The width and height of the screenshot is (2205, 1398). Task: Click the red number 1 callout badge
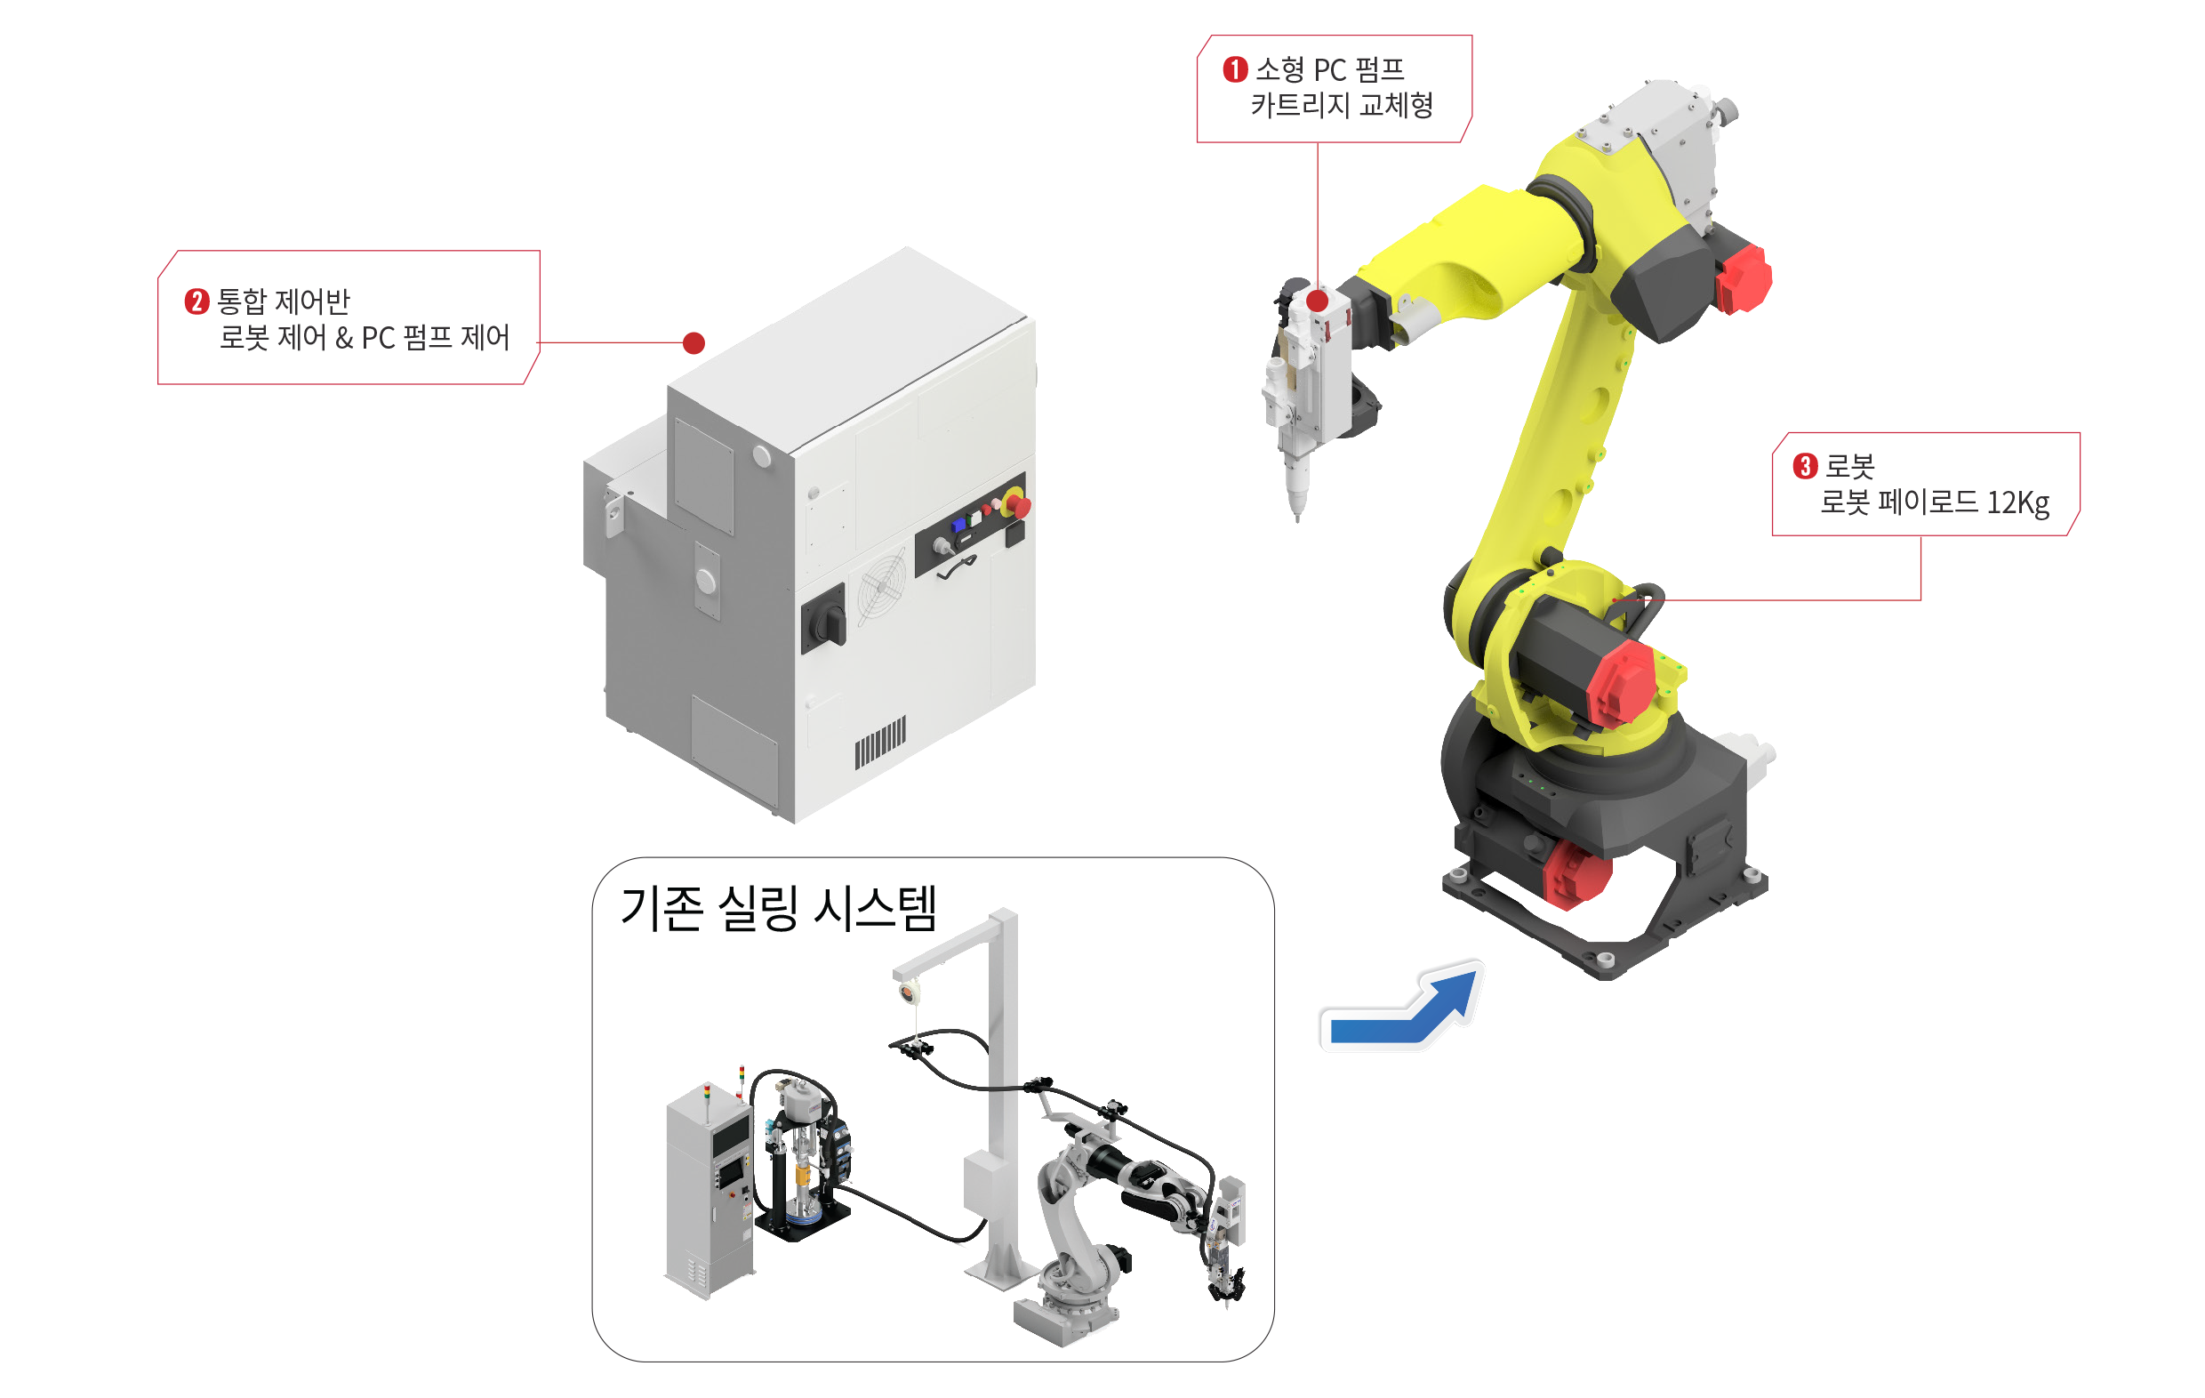[x=1235, y=68]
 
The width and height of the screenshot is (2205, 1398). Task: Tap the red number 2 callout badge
[x=196, y=301]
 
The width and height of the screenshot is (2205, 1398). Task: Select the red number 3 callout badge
[x=1805, y=466]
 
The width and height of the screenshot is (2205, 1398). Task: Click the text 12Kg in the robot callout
[x=2018, y=503]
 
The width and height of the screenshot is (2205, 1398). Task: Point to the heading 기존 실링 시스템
[x=778, y=909]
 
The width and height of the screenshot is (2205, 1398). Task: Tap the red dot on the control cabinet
[x=694, y=342]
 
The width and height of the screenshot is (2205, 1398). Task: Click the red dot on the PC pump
[x=1318, y=301]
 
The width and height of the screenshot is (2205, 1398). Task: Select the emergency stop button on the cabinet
[x=1017, y=503]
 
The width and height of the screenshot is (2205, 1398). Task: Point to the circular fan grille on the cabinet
[x=882, y=582]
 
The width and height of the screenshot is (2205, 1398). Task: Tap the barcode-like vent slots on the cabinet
[x=880, y=742]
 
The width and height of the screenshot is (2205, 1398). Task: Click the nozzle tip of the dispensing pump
[x=1296, y=518]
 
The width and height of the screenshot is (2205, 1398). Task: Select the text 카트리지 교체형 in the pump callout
[x=1343, y=105]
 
